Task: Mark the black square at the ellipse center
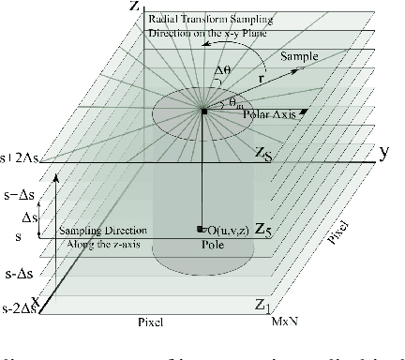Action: (x=204, y=112)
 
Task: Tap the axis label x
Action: (x=35, y=300)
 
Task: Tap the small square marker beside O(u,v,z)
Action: (x=202, y=229)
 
